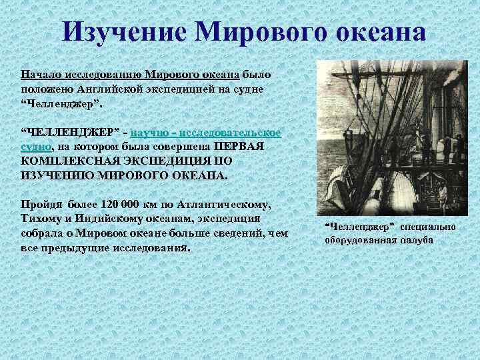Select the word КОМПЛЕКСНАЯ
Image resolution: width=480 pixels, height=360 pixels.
(x=67, y=162)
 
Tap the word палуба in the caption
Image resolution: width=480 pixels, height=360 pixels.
(x=414, y=240)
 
